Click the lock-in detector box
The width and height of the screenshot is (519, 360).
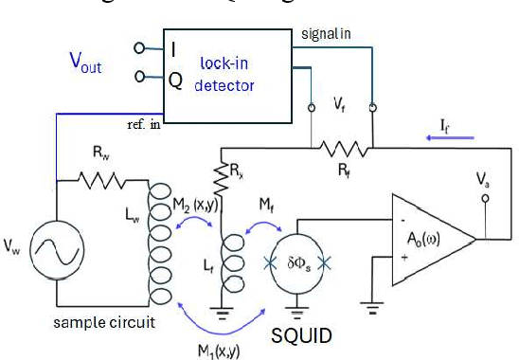click(226, 71)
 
